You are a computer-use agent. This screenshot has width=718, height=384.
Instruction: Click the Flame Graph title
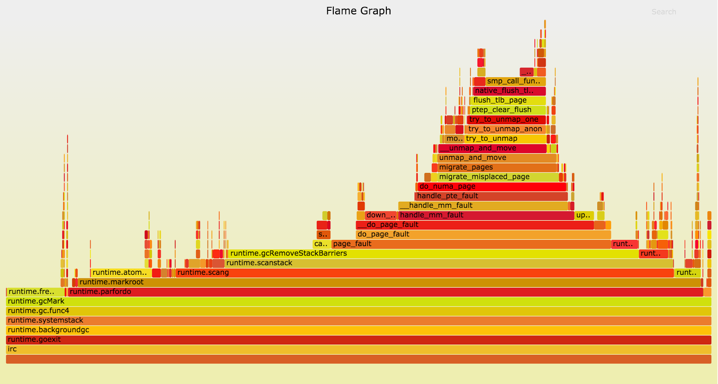[x=359, y=11]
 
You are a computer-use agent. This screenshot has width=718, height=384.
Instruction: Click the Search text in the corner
[x=664, y=12]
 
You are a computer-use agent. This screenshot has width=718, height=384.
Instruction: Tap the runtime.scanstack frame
[x=449, y=263]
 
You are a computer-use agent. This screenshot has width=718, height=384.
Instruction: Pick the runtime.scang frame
[x=424, y=273]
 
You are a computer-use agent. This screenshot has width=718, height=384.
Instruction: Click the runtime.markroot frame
[x=389, y=282]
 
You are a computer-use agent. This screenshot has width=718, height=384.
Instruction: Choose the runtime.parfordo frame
[x=385, y=292]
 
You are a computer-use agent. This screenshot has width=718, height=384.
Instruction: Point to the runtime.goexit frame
[x=359, y=340]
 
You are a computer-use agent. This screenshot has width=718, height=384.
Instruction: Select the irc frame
[x=359, y=349]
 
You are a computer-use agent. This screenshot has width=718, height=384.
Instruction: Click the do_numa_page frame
[x=491, y=186]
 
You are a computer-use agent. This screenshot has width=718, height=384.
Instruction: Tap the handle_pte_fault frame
[x=491, y=196]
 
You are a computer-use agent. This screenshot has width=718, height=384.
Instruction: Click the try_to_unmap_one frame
[x=506, y=119]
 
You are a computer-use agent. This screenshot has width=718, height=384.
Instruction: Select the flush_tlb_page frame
[x=508, y=100]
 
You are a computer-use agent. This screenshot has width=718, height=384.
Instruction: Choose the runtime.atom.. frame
[x=121, y=273]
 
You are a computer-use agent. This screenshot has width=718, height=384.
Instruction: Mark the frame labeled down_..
[x=381, y=215]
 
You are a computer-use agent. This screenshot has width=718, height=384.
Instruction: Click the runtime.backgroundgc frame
[x=359, y=330]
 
